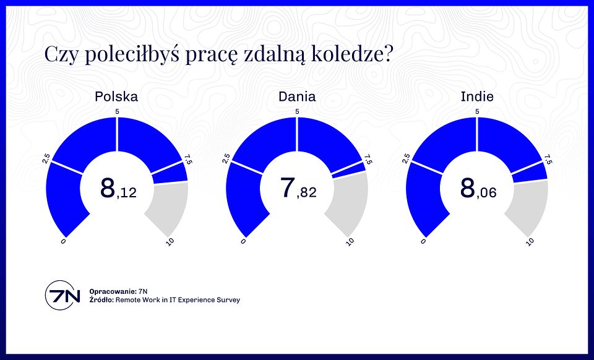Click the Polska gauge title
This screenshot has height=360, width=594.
(116, 96)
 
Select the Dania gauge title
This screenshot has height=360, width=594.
(297, 96)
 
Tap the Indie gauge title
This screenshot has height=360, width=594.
(477, 96)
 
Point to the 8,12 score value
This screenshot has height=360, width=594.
(118, 189)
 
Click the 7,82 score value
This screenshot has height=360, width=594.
(298, 189)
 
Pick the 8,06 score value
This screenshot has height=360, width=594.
(478, 189)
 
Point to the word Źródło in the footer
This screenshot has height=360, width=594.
(101, 300)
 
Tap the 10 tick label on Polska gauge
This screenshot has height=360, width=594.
(169, 241)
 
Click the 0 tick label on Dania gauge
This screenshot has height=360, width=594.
(243, 241)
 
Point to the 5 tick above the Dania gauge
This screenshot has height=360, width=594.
(298, 111)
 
